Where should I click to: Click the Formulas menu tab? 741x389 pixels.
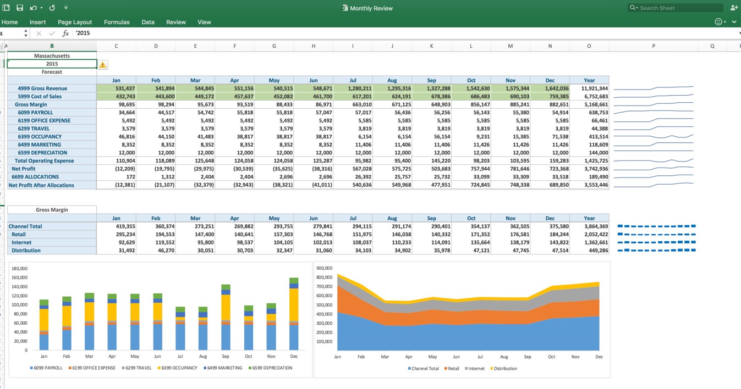click(117, 22)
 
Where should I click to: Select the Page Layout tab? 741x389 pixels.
click(75, 22)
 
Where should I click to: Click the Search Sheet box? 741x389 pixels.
click(680, 8)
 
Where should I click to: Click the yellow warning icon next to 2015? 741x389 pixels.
click(103, 65)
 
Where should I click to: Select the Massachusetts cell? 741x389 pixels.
click(52, 55)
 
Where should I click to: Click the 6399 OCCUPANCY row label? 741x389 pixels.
click(40, 137)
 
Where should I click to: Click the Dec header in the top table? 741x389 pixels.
click(550, 80)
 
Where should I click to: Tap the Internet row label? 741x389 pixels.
click(21, 242)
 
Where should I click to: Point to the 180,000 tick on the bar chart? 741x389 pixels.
click(19, 269)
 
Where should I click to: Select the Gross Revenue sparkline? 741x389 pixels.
click(653, 88)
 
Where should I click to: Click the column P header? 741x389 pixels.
click(653, 46)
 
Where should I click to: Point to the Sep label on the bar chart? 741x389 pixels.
click(226, 356)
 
